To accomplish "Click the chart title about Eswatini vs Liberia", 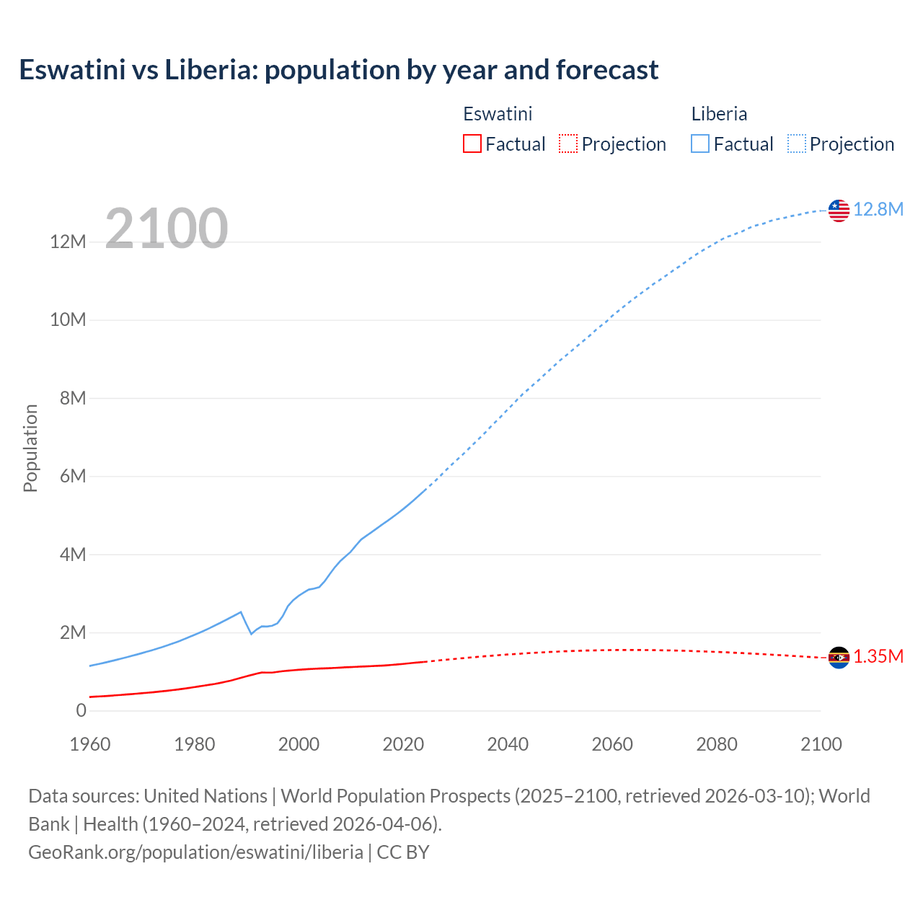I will pyautogui.click(x=338, y=70).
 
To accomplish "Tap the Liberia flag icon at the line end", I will pyautogui.click(x=839, y=211).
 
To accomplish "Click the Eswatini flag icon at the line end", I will pyautogui.click(x=839, y=658).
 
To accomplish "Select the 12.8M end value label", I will pyautogui.click(x=878, y=210).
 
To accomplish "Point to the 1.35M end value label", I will pyautogui.click(x=878, y=657).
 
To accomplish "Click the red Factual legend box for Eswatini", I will pyautogui.click(x=472, y=143).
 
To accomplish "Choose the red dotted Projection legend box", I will pyautogui.click(x=568, y=143).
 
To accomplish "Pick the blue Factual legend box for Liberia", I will pyautogui.click(x=699, y=143).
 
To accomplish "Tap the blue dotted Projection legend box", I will pyautogui.click(x=796, y=143).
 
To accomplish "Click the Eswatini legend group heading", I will pyautogui.click(x=498, y=114).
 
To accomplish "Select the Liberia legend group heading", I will pyautogui.click(x=719, y=114).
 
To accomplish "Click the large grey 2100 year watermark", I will pyautogui.click(x=167, y=229).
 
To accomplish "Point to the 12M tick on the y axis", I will pyautogui.click(x=68, y=242).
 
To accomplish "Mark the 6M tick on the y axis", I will pyautogui.click(x=72, y=476).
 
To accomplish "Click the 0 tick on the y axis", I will pyautogui.click(x=81, y=710).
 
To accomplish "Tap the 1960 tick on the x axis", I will pyautogui.click(x=90, y=744).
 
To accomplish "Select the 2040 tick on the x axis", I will pyautogui.click(x=508, y=744).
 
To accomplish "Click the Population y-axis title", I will pyautogui.click(x=30, y=448).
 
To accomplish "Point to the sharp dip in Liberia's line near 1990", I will pyautogui.click(x=251, y=633).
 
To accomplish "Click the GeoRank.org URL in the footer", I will pyautogui.click(x=195, y=852).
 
